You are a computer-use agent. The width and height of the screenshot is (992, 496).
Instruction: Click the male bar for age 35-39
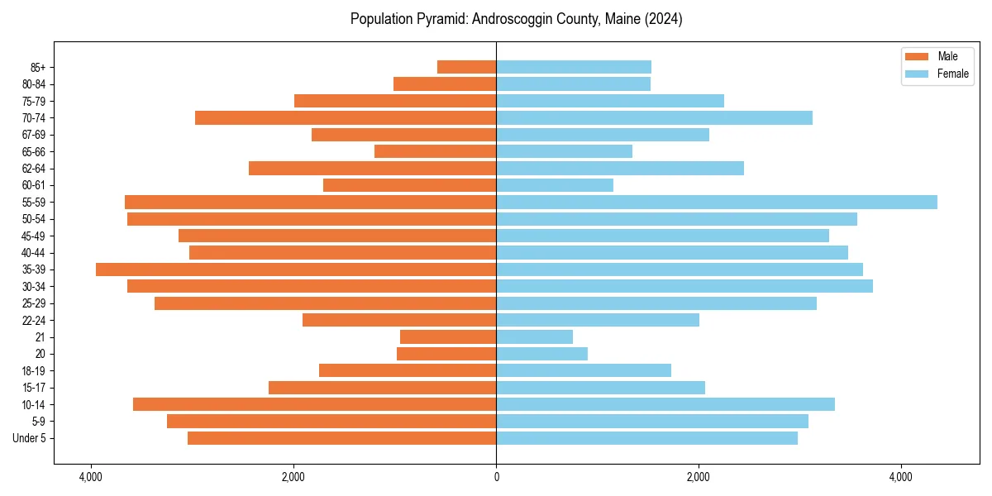296,269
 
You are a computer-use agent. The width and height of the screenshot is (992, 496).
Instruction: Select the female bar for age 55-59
717,202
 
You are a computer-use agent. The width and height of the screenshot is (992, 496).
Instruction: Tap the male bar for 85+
467,67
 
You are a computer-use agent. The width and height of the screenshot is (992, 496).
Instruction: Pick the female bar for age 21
534,336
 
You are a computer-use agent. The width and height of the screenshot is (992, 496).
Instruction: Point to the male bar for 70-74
346,117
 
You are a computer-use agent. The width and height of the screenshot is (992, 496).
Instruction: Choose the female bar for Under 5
646,438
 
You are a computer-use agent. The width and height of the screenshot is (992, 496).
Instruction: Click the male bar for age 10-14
314,404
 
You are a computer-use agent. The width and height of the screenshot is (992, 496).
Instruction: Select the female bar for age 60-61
555,185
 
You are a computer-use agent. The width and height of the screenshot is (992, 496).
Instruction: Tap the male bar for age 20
446,354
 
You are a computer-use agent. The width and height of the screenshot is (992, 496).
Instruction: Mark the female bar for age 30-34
684,286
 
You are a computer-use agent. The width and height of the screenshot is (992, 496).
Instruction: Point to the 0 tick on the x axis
496,477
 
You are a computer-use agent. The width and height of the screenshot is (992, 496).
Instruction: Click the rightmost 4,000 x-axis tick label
901,477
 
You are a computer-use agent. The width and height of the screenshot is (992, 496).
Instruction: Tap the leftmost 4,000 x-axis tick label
91,477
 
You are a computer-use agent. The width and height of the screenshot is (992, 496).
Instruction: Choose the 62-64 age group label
34,169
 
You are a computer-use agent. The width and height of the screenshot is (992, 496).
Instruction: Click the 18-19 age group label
34,371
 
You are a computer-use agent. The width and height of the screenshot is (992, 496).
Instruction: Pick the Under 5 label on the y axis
30,438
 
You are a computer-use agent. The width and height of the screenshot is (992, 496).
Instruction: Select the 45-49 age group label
34,236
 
